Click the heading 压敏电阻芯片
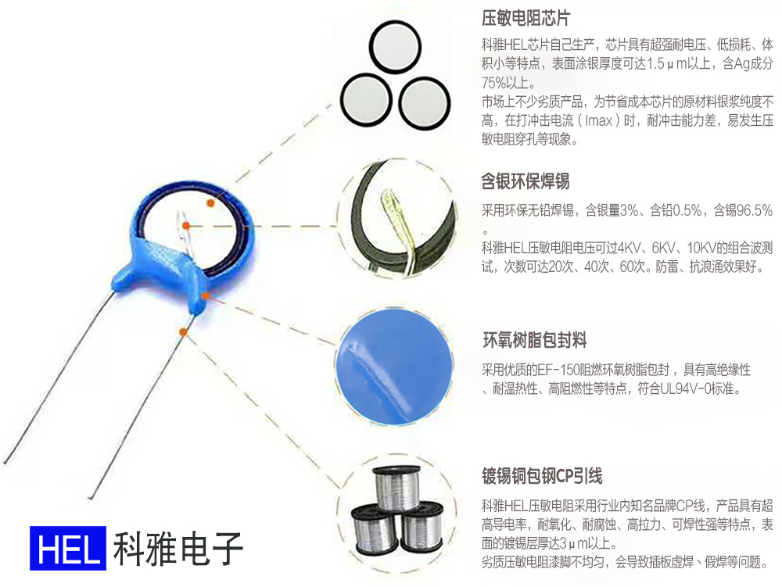pos(526,18)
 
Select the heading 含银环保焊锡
pos(526,181)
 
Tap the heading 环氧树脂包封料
pos(535,341)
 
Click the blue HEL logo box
pos(67,547)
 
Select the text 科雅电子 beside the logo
pos(178,548)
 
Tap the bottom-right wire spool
pos(421,531)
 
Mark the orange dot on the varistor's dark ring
pos(210,203)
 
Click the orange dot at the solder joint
pos(185,226)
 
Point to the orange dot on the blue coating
pos(205,295)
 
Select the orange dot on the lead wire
pos(183,332)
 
